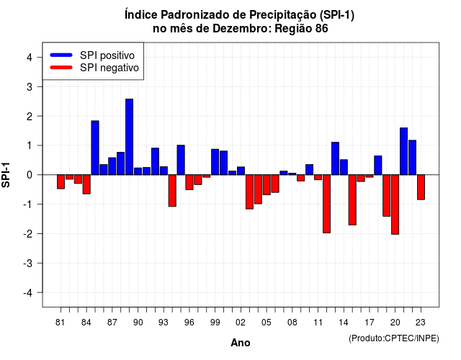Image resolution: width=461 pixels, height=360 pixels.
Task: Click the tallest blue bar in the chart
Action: (129, 137)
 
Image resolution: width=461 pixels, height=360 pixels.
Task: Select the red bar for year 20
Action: (395, 204)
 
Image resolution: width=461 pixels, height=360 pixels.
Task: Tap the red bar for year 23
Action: (421, 187)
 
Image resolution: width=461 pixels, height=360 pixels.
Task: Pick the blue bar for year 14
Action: (344, 167)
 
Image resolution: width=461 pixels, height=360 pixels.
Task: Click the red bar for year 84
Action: (86, 184)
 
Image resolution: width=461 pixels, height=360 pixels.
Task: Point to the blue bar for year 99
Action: (215, 162)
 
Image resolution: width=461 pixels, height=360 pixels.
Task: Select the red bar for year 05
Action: (267, 185)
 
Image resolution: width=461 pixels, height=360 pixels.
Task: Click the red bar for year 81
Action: (61, 181)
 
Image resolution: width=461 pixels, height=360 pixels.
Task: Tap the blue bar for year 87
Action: (112, 166)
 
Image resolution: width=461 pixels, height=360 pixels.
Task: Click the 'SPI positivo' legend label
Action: (107, 55)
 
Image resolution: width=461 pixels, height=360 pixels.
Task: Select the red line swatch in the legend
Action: (61, 68)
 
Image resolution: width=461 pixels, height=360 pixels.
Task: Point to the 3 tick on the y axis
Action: (40, 86)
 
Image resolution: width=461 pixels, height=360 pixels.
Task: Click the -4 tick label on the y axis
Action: (27, 293)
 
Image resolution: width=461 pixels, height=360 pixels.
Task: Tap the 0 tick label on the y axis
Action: (30, 175)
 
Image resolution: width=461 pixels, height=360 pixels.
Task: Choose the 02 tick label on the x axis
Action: (241, 323)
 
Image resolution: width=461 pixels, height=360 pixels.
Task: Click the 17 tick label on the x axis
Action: (370, 323)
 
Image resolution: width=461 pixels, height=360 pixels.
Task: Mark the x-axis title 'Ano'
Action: (241, 343)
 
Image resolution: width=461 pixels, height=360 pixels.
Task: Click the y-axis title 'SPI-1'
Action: (6, 175)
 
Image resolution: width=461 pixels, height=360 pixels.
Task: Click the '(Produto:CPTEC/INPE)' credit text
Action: (394, 338)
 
